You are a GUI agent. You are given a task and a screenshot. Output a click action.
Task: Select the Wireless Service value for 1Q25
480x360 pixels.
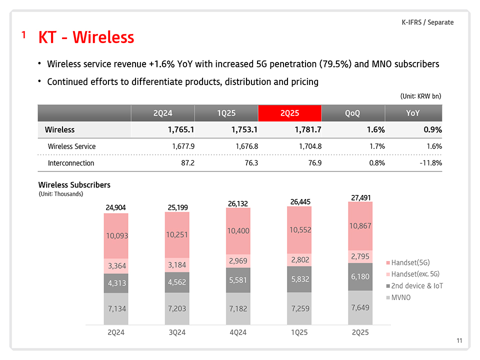pos(244,146)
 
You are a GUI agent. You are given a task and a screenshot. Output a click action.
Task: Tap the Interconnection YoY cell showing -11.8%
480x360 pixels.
pos(429,163)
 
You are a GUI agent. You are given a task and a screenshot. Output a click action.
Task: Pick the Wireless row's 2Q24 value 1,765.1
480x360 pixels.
pos(176,130)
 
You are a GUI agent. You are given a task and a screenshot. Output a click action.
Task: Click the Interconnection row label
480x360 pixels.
pos(70,163)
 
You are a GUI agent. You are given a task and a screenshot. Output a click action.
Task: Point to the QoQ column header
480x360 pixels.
pos(352,113)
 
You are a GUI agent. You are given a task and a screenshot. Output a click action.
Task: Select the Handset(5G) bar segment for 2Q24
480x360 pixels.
pos(116,235)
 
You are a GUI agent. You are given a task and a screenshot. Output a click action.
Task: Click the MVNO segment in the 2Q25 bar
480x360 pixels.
pos(360,307)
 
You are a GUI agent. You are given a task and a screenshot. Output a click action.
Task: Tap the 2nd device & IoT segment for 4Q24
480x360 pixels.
pos(238,280)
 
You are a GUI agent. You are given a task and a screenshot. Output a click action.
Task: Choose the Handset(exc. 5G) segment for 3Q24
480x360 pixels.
pos(177,264)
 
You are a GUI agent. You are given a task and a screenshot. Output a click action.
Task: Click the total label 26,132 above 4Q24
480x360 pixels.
pos(238,203)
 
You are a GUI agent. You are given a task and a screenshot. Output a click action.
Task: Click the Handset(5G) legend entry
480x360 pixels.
pos(410,262)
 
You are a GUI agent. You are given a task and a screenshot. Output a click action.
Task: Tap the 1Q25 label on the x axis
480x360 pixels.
pos(299,332)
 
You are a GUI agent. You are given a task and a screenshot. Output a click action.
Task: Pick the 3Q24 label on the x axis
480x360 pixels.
pos(177,332)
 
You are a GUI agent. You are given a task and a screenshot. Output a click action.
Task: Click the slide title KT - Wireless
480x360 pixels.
pos(86,37)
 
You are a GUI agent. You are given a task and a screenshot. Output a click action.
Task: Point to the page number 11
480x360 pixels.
pos(459,341)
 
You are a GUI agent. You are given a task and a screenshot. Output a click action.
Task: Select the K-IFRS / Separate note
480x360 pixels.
pos(427,22)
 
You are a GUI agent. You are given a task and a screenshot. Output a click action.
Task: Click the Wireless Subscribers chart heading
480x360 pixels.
pos(74,185)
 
